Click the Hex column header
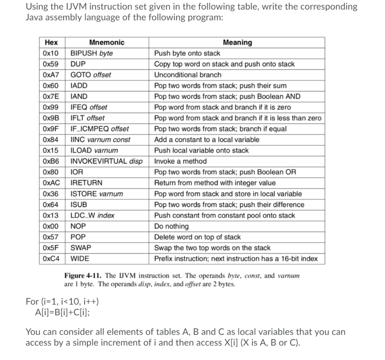pyautogui.click(x=51, y=42)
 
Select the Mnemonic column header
pyautogui.click(x=107, y=42)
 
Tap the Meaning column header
pyautogui.click(x=237, y=42)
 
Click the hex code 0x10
pyautogui.click(x=50, y=53)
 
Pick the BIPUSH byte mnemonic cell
pyautogui.click(x=91, y=53)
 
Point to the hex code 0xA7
pyautogui.click(x=51, y=75)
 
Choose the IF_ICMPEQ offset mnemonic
pyautogui.click(x=99, y=129)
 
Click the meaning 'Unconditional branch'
pyautogui.click(x=187, y=75)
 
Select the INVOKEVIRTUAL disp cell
pyautogui.click(x=106, y=161)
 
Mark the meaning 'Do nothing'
pyautogui.click(x=171, y=226)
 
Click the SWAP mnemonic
pyautogui.click(x=80, y=248)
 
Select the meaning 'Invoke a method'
pyautogui.click(x=180, y=161)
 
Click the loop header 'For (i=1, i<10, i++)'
pyautogui.click(x=62, y=301)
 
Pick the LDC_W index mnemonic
pyautogui.click(x=92, y=216)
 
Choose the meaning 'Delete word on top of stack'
pyautogui.click(x=197, y=237)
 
